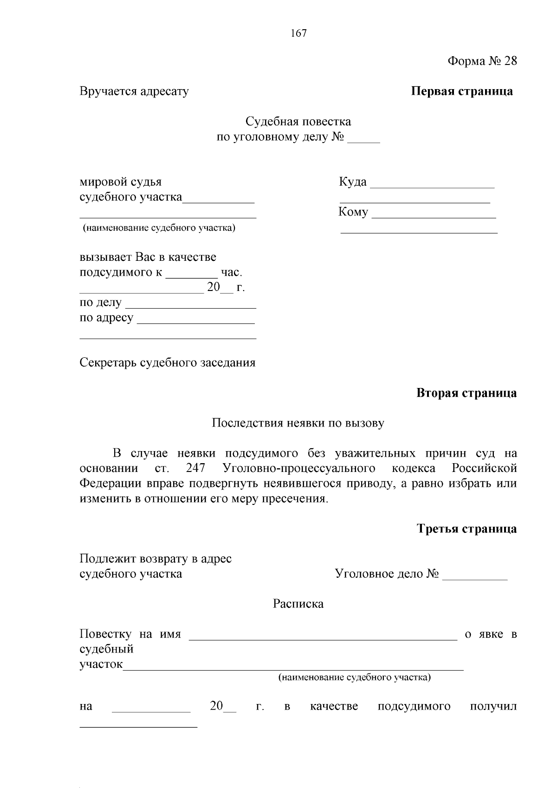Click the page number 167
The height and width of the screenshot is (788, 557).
pyautogui.click(x=298, y=33)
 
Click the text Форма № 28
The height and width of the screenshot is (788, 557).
pyautogui.click(x=482, y=61)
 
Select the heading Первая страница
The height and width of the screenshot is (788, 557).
pyautogui.click(x=462, y=91)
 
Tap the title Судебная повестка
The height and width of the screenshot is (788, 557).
pyautogui.click(x=298, y=122)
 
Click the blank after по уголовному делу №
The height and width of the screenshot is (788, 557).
pyautogui.click(x=363, y=139)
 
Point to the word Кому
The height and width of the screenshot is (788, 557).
pyautogui.click(x=353, y=212)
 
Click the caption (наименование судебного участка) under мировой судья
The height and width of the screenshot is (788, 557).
pyautogui.click(x=159, y=228)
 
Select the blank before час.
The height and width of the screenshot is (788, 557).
pyautogui.click(x=192, y=274)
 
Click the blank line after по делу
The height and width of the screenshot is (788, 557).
pyautogui.click(x=191, y=305)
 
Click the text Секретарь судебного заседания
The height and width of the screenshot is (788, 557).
pyautogui.click(x=168, y=362)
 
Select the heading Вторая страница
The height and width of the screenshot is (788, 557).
pyautogui.click(x=466, y=393)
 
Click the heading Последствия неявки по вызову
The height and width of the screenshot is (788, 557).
pyautogui.click(x=298, y=423)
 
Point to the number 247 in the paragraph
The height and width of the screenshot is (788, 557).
pyautogui.click(x=195, y=468)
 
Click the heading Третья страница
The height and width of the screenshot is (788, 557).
pyautogui.click(x=466, y=529)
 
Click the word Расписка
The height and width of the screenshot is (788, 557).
pyautogui.click(x=298, y=604)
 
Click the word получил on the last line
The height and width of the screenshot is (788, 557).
pyautogui.click(x=493, y=707)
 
